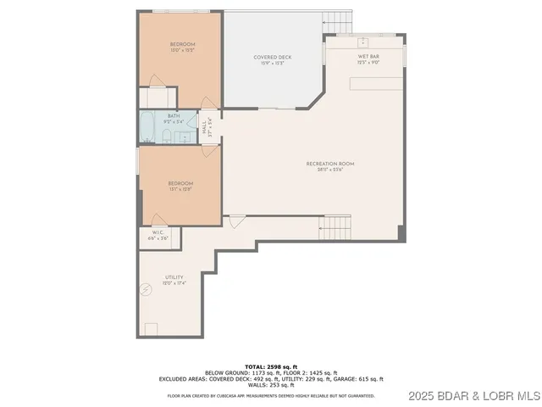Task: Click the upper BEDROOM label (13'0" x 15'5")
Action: click(x=182, y=47)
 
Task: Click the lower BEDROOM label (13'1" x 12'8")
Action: click(x=180, y=187)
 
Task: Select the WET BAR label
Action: click(x=368, y=59)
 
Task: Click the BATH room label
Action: click(x=173, y=118)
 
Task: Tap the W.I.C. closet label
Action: click(x=158, y=236)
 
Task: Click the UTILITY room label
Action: click(x=174, y=280)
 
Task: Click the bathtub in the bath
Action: click(x=148, y=128)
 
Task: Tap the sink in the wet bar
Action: click(x=364, y=41)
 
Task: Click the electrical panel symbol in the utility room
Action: click(x=146, y=290)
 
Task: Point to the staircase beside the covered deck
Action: click(x=340, y=20)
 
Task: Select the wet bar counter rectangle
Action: click(x=378, y=83)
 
